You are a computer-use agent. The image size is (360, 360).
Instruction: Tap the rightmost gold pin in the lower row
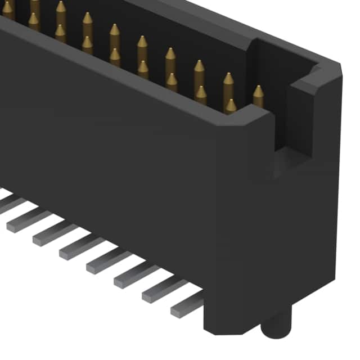point(231,106)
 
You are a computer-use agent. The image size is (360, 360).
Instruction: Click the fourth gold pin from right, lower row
point(143,69)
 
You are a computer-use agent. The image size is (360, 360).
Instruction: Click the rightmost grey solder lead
point(186,305)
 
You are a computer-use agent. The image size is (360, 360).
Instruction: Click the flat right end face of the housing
point(315,225)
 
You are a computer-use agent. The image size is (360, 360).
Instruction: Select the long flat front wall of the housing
point(112,141)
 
